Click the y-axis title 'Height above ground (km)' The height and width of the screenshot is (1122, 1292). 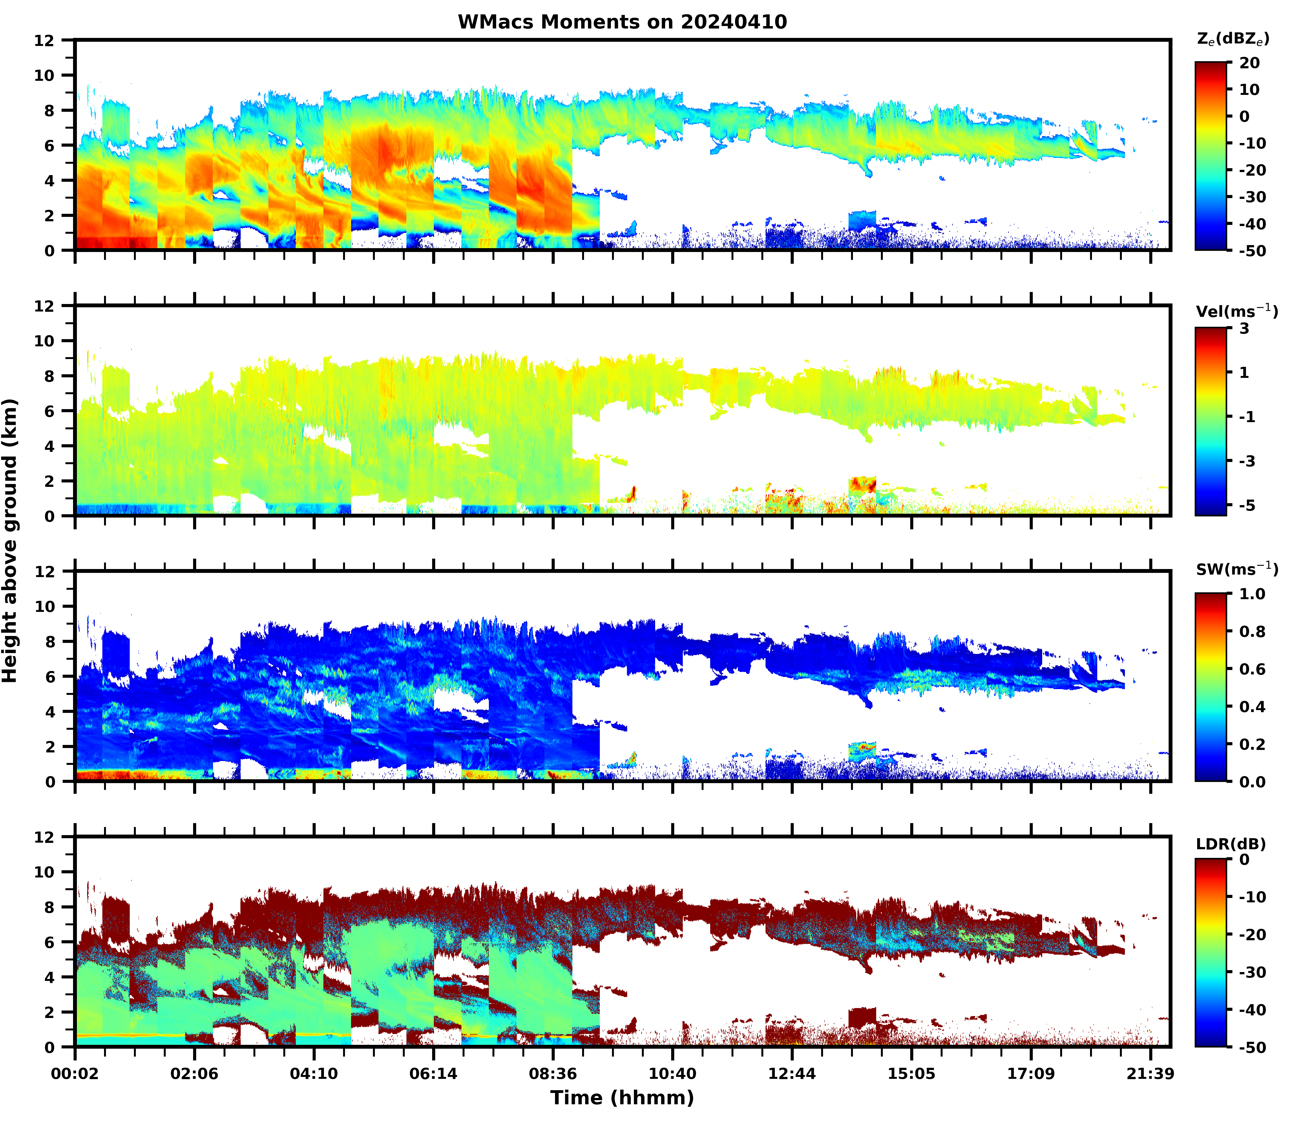[x=10, y=540]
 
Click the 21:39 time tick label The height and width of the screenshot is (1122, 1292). [x=1150, y=1074]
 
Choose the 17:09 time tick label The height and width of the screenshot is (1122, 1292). [x=1031, y=1074]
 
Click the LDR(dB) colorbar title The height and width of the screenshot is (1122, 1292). [x=1231, y=844]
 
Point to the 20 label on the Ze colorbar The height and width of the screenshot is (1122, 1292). [x=1249, y=63]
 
